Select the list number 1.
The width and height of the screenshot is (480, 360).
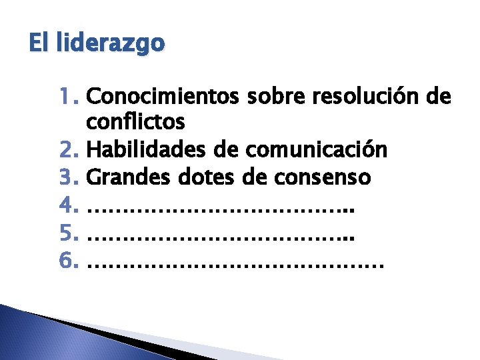point(69,97)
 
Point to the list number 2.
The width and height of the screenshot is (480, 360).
point(69,150)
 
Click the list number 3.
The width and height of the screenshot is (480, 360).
point(69,177)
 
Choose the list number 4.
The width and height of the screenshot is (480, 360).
point(69,205)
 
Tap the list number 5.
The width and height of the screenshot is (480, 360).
point(69,232)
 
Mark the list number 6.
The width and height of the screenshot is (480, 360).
point(69,259)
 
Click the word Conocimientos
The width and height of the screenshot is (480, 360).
point(163,97)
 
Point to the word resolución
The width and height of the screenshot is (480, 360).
point(365,97)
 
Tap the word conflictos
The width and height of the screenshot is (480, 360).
point(136,123)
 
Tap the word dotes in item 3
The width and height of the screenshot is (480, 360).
point(199,177)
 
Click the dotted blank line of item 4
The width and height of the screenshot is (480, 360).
point(221,209)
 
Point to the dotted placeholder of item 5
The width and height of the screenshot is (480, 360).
point(221,237)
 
